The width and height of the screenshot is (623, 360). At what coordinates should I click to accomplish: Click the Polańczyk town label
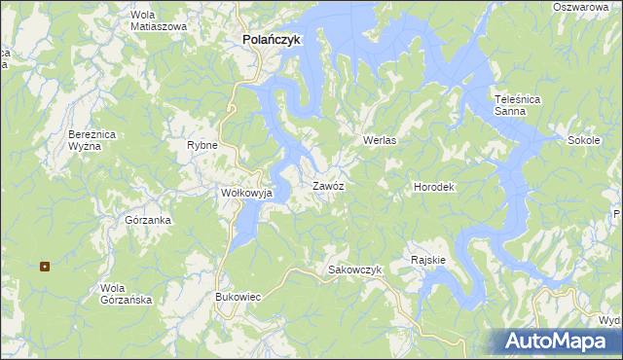267,40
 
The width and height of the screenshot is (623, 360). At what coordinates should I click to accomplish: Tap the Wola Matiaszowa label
158,20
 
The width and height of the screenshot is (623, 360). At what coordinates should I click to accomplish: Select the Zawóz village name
327,185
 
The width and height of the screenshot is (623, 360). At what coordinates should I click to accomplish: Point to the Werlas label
380,140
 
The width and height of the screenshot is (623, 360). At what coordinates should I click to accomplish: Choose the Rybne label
202,145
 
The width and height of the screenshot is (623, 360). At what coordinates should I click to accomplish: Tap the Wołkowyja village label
246,193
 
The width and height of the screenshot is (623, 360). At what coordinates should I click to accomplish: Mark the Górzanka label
148,220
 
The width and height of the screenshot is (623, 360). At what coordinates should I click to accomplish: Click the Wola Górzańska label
127,294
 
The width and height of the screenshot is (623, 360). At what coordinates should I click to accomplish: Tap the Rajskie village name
428,260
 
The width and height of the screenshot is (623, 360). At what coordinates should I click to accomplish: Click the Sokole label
583,140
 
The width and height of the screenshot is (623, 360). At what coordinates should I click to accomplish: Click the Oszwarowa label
586,7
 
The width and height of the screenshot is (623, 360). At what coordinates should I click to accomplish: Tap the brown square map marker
45,266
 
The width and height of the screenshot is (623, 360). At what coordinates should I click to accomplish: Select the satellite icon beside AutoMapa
516,340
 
